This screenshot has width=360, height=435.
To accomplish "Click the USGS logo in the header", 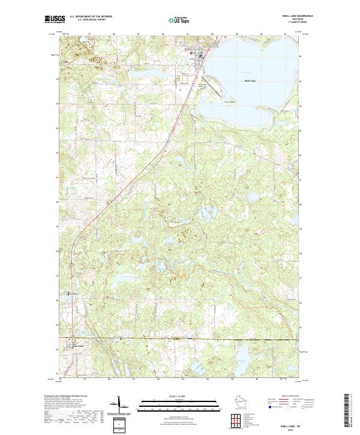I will [53, 20].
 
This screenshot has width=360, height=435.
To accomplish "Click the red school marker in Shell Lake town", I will [191, 53].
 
